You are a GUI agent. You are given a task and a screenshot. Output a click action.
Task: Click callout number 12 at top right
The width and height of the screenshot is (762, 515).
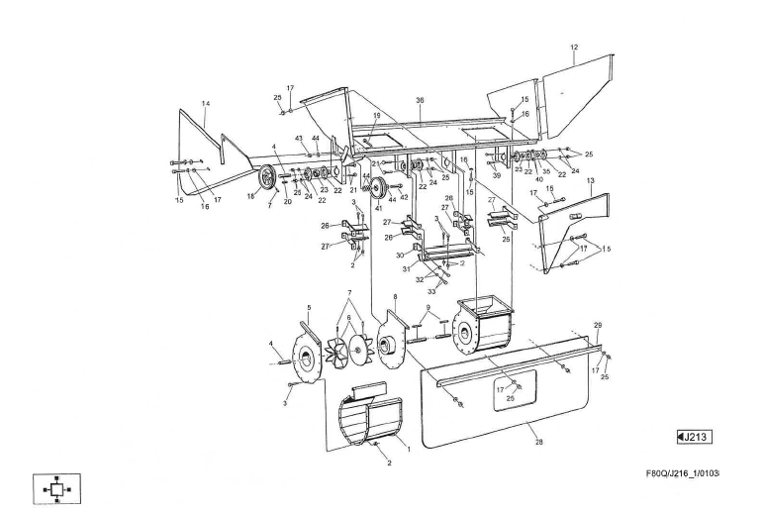tap(574, 48)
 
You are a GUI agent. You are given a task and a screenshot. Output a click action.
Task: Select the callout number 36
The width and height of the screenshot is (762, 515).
tap(420, 100)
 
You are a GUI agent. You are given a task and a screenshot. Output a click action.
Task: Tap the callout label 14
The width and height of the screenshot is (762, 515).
tap(206, 103)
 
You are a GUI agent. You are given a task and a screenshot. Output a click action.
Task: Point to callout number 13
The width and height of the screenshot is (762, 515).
tap(590, 181)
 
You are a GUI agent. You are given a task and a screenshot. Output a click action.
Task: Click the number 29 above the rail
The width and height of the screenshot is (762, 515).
tap(597, 325)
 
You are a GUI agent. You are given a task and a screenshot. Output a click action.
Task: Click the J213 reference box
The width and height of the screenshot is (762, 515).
tap(695, 437)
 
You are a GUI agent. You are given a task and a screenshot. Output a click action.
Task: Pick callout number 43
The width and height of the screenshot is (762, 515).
tap(299, 138)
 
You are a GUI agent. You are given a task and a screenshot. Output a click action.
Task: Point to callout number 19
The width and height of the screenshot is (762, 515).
tap(376, 116)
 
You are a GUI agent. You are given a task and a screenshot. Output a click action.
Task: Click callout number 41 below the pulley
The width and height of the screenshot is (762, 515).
tap(378, 209)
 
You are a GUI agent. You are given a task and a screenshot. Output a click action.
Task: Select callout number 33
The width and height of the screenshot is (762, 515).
tap(431, 291)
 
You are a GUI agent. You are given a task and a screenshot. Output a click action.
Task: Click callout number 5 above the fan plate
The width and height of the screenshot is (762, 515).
tap(309, 308)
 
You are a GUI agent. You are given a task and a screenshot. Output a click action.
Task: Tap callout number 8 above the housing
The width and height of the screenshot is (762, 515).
tap(395, 296)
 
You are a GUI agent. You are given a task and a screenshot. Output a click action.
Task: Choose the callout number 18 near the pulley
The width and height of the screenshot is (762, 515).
tap(250, 197)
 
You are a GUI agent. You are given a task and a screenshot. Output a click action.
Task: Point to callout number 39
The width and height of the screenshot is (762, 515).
tap(497, 175)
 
